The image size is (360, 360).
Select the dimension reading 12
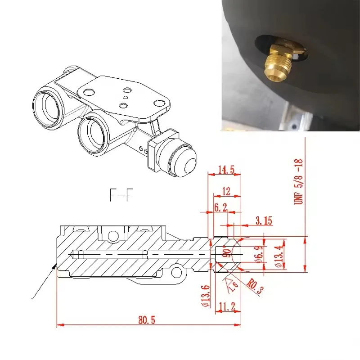[226, 192]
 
